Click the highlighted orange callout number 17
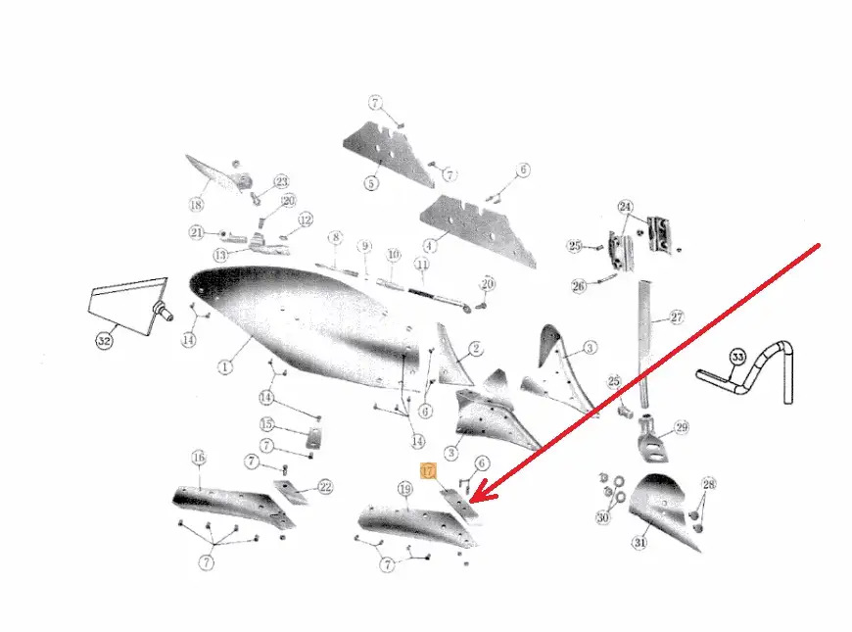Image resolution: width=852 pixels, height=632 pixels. click(x=428, y=471)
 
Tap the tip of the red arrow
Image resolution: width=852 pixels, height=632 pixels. click(x=470, y=501)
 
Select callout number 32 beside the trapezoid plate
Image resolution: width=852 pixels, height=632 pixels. click(x=104, y=341)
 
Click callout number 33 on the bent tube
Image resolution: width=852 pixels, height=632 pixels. click(x=737, y=358)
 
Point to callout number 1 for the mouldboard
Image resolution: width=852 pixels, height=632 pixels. click(x=225, y=367)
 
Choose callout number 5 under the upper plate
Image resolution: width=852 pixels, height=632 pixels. click(x=371, y=183)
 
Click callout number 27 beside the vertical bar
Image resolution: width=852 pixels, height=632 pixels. click(x=677, y=316)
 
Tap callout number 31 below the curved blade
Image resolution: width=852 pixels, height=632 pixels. click(x=640, y=542)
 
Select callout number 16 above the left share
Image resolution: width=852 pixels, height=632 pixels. click(x=199, y=458)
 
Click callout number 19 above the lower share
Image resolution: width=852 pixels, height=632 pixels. click(x=405, y=489)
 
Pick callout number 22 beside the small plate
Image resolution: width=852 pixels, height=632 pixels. click(x=325, y=487)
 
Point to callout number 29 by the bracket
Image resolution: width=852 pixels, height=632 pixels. click(x=682, y=427)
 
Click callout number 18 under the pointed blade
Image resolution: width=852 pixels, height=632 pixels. click(x=196, y=205)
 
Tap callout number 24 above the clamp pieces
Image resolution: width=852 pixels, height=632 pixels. click(x=626, y=207)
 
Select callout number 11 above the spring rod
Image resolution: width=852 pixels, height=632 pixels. click(x=422, y=265)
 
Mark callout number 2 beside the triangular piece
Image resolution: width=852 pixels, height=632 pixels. click(x=476, y=348)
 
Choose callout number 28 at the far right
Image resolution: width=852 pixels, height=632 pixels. click(x=709, y=484)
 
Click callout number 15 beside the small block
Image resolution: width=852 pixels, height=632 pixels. click(x=266, y=423)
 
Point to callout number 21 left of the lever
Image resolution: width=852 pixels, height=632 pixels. click(x=196, y=232)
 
